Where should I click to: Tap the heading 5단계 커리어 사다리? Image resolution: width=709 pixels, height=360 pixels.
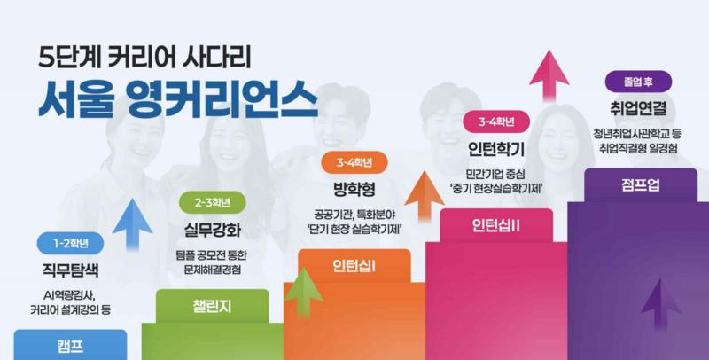pos(144,58)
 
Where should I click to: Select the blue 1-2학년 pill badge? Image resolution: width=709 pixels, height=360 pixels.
pos(71,243)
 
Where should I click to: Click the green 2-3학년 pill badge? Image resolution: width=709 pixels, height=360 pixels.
pos(213,203)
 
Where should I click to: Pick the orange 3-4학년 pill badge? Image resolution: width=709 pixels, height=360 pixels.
pos(354,162)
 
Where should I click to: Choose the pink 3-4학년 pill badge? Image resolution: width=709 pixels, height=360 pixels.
pos(496,121)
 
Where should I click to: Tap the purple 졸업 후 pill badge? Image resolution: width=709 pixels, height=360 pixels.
pos(638,82)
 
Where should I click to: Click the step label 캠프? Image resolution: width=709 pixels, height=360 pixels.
pos(70,347)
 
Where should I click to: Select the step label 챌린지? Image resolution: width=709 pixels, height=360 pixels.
pos(212,306)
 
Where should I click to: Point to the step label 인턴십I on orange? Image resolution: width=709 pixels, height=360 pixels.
pos(354,266)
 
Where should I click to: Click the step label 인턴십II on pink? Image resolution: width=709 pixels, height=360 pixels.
pos(496,226)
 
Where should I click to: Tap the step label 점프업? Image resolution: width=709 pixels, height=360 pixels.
pos(641,185)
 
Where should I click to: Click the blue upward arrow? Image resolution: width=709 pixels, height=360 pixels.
pos(132,224)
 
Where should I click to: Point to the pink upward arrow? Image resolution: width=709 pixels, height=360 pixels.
pos(549,76)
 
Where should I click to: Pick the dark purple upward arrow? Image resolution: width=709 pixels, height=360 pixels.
pos(660,304)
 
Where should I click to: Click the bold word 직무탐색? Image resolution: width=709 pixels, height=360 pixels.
pos(70,271)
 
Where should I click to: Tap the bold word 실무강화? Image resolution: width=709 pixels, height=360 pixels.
pos(213,230)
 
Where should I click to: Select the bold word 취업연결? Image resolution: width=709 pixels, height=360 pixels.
pos(638,109)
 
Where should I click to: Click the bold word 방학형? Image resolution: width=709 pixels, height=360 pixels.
pos(354,189)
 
